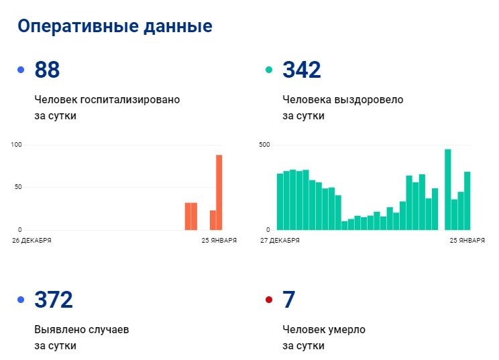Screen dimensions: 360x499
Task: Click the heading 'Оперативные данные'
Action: pyautogui.click(x=115, y=26)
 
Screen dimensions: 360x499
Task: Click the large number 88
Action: pyautogui.click(x=47, y=70)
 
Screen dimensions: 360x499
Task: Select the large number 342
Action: pyautogui.click(x=302, y=70)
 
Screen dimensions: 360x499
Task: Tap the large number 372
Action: pyautogui.click(x=53, y=300)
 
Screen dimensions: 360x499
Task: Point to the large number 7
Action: pyautogui.click(x=289, y=300)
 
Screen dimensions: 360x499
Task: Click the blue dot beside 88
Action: pyautogui.click(x=21, y=70)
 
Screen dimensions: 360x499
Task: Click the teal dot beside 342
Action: pyautogui.click(x=269, y=70)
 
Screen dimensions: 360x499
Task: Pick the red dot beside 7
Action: pyautogui.click(x=269, y=300)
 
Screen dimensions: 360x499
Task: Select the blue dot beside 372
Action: pyautogui.click(x=21, y=300)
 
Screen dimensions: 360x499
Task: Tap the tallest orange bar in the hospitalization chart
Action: pyautogui.click(x=219, y=192)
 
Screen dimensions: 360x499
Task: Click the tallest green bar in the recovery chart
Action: pyautogui.click(x=447, y=189)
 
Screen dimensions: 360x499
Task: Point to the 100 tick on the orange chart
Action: pyautogui.click(x=17, y=145)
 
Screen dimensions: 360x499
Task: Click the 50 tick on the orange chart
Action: pyautogui.click(x=18, y=187)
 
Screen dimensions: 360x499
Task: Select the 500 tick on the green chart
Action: pyautogui.click(x=264, y=145)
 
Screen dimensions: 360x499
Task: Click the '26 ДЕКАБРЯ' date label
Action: pyautogui.click(x=32, y=240)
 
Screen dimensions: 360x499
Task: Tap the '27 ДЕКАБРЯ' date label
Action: pyautogui.click(x=280, y=240)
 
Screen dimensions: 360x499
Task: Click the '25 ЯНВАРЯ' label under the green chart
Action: pyautogui.click(x=467, y=240)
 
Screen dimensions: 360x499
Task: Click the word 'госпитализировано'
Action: pyautogui.click(x=130, y=100)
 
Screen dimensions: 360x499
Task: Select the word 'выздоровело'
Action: pyautogui.click(x=369, y=100)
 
